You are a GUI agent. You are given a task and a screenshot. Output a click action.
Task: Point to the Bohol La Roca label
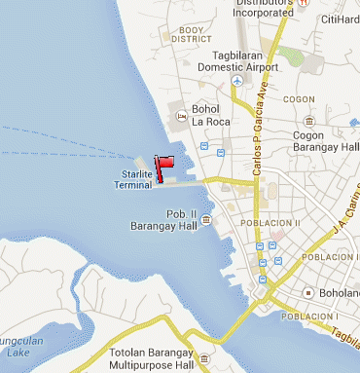click(213, 122)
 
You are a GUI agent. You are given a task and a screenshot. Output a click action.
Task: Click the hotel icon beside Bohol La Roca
click(180, 116)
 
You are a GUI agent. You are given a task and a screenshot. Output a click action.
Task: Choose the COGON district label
click(297, 99)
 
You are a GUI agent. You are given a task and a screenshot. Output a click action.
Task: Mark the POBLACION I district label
click(308, 317)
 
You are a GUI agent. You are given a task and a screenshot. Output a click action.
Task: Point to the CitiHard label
click(339, 19)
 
